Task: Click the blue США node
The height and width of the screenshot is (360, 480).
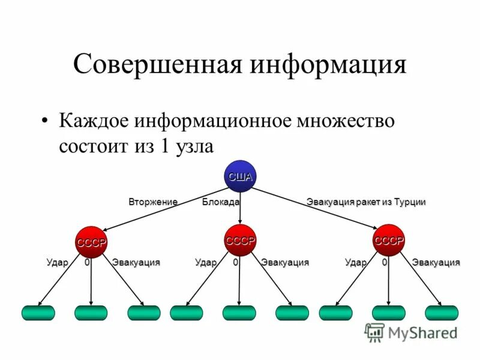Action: (240, 176)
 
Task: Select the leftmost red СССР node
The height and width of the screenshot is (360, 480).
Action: (91, 242)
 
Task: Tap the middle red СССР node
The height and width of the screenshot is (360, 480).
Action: (240, 240)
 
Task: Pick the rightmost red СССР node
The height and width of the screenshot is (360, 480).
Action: (389, 240)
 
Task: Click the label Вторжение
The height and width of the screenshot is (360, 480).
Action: (153, 202)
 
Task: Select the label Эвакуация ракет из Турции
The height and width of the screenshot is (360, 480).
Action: (366, 202)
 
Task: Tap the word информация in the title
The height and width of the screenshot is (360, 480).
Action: (328, 64)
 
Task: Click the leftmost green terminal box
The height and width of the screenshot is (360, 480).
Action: (38, 313)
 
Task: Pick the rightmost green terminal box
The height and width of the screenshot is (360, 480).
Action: (442, 313)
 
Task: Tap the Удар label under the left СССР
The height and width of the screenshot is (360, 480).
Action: (58, 262)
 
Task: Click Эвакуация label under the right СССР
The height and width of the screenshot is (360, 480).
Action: (436, 262)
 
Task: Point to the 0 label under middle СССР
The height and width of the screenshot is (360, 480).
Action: (236, 262)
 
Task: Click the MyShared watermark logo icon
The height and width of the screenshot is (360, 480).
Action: (374, 332)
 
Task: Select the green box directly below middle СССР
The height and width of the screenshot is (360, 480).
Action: (239, 313)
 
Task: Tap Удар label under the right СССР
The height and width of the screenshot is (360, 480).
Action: (356, 262)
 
